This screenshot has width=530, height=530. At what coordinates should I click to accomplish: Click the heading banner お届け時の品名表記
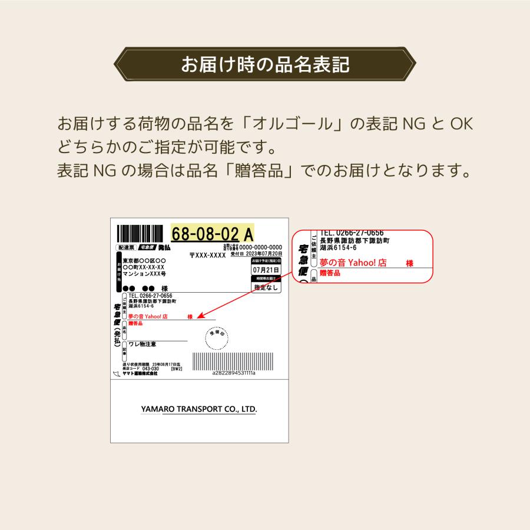(x=264, y=64)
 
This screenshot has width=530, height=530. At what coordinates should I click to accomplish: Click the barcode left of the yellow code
(x=142, y=233)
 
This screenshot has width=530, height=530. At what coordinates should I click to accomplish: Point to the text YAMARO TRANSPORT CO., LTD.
(x=199, y=409)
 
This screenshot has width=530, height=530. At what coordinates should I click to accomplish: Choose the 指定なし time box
(x=266, y=287)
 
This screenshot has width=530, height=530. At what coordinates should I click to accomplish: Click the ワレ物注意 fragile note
(x=143, y=344)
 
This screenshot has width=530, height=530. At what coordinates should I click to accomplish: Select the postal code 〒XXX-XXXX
(x=208, y=256)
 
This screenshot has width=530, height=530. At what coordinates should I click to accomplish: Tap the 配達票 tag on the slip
(x=127, y=248)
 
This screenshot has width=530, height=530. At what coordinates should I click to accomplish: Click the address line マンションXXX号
(x=144, y=274)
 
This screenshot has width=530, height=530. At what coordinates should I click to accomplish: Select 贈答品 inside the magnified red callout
(x=329, y=274)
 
